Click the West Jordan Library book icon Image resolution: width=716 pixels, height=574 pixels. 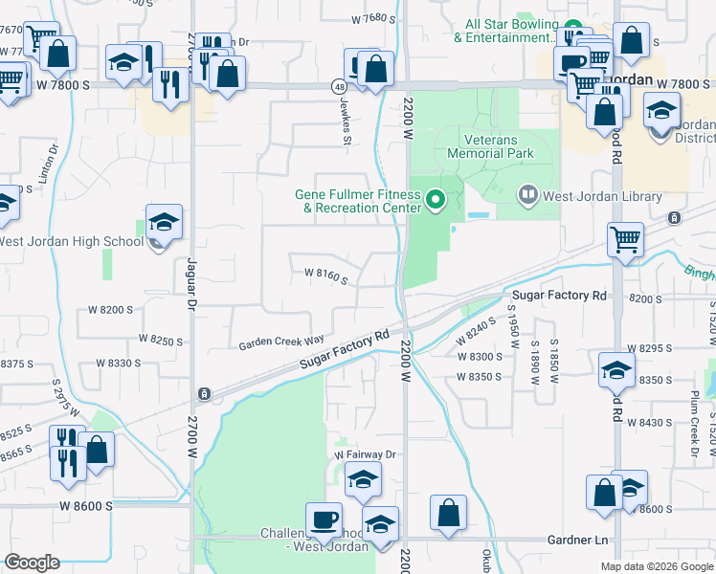(x=527, y=196)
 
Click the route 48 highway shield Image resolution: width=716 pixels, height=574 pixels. (x=340, y=85)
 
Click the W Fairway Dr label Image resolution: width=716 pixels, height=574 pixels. (x=365, y=454)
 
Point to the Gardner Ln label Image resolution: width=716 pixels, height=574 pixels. (x=578, y=541)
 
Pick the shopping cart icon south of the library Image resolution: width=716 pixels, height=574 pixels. (x=625, y=240)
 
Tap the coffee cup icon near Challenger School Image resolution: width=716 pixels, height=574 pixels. (x=324, y=520)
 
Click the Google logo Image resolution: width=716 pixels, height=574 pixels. (x=33, y=563)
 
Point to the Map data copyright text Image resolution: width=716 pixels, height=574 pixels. (x=656, y=566)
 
